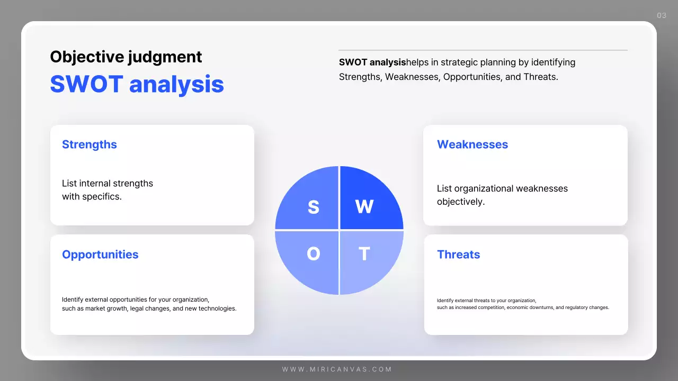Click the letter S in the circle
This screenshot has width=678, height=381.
point(313,207)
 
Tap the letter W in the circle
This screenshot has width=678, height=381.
point(364,207)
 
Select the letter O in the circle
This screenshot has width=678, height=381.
point(313,255)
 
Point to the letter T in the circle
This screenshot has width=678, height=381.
point(364,255)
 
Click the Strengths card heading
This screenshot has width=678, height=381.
point(90,144)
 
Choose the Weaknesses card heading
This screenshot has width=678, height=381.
point(472,144)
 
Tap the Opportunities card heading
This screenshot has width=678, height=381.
point(100,255)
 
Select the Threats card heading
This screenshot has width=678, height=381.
point(458,255)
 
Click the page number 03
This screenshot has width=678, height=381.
point(662,15)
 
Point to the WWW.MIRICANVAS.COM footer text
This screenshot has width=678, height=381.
point(337,369)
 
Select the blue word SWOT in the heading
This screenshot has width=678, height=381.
point(86,84)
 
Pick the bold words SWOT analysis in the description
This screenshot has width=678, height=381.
point(372,62)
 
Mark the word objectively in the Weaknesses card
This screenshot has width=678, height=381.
point(460,202)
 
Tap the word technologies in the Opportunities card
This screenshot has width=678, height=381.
point(217,309)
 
